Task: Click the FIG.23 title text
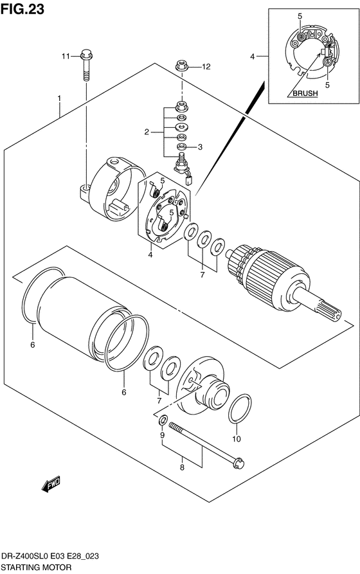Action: tap(22, 10)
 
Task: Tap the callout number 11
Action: tap(66, 57)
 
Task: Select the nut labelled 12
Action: tap(181, 66)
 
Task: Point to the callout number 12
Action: tap(206, 67)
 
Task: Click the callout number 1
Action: tap(59, 98)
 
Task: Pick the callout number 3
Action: tap(200, 147)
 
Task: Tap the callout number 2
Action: tap(147, 132)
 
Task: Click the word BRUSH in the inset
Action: tap(305, 93)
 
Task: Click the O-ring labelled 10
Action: tap(240, 408)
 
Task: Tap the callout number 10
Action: tap(237, 438)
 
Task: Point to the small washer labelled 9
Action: tap(163, 420)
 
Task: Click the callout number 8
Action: tap(182, 467)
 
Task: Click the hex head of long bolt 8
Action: tap(239, 463)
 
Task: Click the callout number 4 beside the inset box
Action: tap(253, 57)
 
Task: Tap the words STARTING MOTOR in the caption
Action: tap(37, 568)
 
